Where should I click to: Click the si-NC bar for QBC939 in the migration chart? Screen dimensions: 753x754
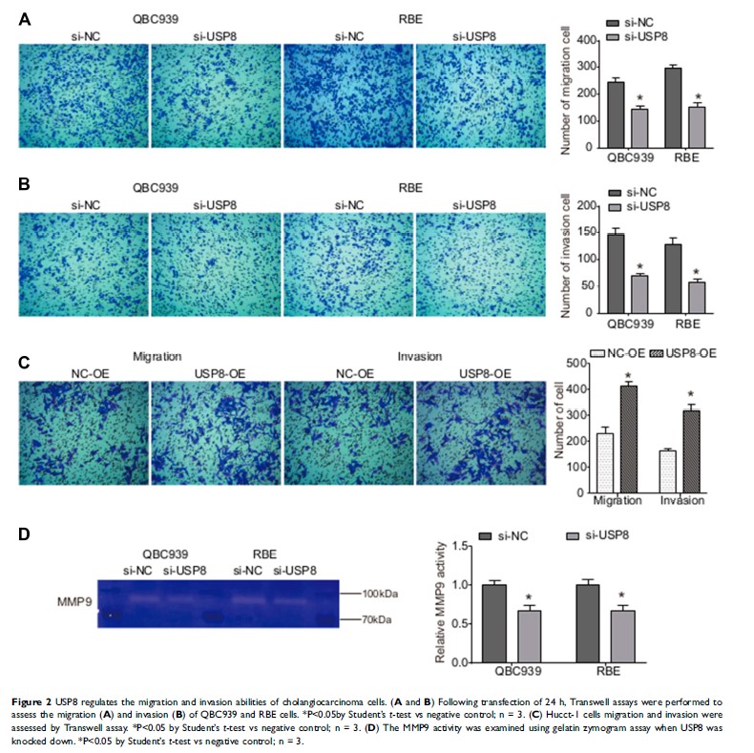[616, 112]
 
